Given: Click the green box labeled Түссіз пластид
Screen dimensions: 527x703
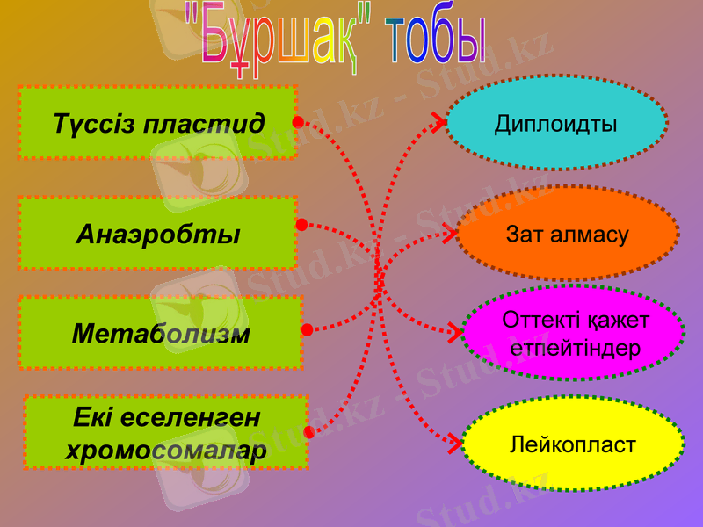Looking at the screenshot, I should [157, 122].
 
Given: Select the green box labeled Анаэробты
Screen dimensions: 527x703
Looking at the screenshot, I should [157, 233].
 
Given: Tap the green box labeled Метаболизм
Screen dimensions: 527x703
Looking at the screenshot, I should [160, 333].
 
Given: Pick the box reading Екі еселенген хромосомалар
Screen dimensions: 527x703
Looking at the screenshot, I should [165, 432].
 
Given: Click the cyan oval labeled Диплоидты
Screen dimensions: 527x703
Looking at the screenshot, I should [555, 123].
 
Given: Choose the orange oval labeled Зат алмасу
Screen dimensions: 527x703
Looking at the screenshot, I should [567, 235].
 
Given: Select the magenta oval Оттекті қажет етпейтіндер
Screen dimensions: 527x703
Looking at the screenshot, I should [573, 333].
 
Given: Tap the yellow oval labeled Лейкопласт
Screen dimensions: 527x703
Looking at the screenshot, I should [572, 445].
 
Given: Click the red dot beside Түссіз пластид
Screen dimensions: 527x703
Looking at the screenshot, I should [298, 121].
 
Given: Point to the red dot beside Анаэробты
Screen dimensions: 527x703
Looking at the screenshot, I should [301, 226].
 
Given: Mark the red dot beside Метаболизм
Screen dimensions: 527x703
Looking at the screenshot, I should [307, 330].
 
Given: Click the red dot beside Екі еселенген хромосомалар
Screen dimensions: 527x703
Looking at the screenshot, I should [308, 433].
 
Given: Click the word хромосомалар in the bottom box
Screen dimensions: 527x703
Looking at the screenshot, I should [166, 451].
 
